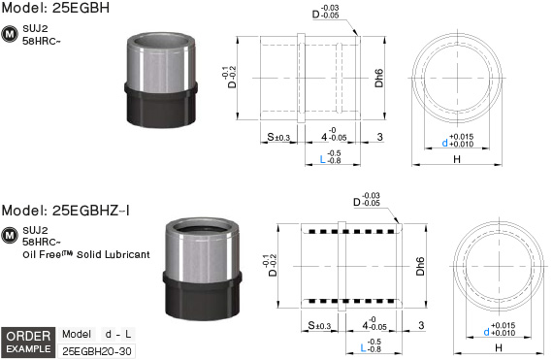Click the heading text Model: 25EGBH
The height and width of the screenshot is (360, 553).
coord(55,8)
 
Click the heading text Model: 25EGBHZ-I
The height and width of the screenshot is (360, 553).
coord(66,211)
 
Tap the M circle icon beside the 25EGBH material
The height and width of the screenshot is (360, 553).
coord(10,34)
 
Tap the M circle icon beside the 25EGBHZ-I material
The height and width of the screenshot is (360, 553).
coord(10,236)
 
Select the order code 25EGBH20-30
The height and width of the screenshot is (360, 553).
coord(97,351)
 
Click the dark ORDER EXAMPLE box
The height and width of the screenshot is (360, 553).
coord(28,342)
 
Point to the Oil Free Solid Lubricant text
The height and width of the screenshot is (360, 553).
coord(86,254)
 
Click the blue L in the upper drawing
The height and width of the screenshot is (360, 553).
coord(322,159)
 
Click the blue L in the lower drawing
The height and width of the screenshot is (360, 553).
coord(363,348)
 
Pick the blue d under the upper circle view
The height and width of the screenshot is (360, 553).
coord(444,143)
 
